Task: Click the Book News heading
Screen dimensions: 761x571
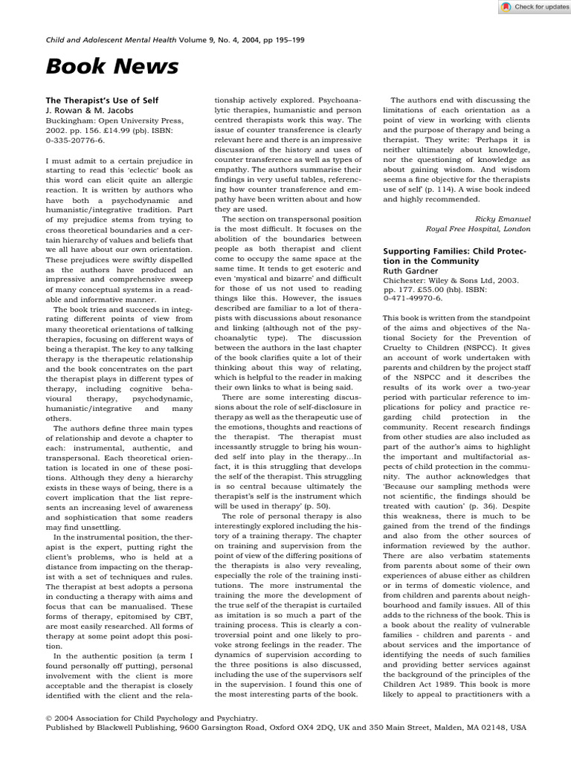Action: point(112,68)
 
